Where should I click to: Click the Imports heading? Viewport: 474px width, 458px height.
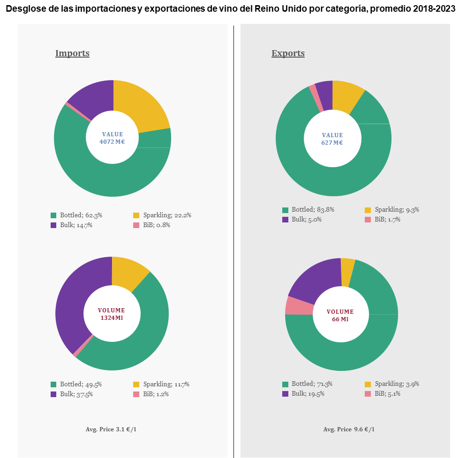coord(72,53)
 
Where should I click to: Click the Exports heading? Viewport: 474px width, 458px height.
coord(288,53)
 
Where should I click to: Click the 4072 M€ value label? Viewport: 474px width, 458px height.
coord(112,141)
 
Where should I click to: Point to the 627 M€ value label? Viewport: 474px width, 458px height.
coord(332,142)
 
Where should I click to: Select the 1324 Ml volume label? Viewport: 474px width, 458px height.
coord(112,318)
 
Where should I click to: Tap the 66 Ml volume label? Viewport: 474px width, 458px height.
coord(340,319)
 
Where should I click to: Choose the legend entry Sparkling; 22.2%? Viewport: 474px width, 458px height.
coord(162,215)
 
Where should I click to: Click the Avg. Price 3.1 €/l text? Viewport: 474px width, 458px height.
coord(111,429)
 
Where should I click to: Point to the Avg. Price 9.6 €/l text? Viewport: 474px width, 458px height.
coord(349,429)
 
